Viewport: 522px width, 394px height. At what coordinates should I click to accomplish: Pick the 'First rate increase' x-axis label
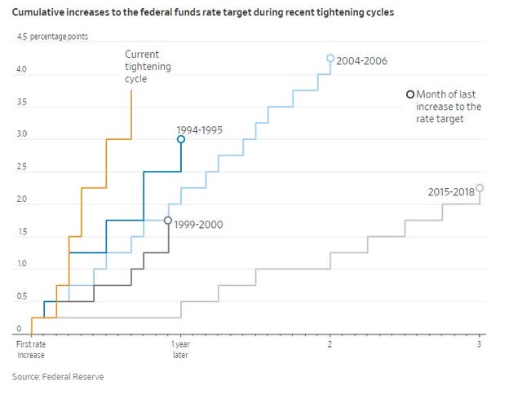pos(31,350)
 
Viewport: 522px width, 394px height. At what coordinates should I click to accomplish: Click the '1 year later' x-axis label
pos(180,350)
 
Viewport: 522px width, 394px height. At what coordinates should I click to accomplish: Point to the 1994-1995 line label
pos(199,129)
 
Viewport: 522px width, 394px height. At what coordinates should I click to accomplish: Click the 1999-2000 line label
pos(199,224)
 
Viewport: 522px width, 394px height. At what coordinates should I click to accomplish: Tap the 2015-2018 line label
pos(450,192)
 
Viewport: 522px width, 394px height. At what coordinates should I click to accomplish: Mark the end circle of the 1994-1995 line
pos(181,139)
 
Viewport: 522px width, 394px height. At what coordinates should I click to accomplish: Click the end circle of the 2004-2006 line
pos(330,59)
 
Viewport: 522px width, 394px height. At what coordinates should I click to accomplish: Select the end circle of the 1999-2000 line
pos(168,221)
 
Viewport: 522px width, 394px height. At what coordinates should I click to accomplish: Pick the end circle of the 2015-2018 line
pos(480,188)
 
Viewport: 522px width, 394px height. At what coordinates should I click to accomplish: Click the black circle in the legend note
pos(410,94)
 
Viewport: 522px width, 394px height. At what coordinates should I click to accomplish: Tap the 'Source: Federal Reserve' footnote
pos(58,377)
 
